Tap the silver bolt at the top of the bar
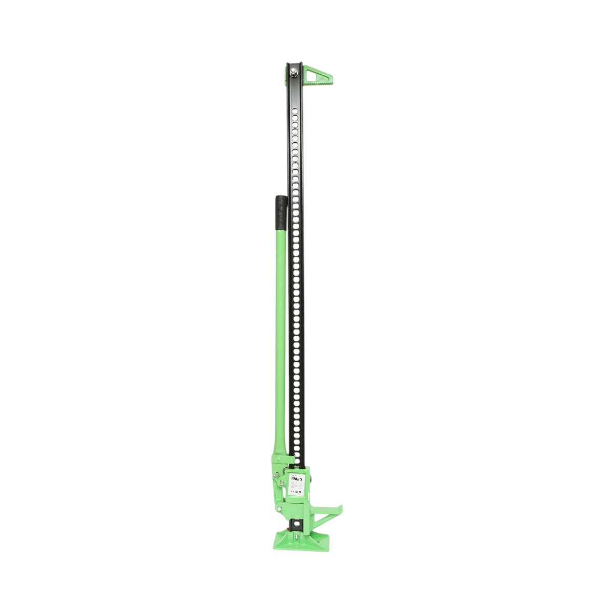click(295, 72)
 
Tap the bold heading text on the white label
click(296, 479)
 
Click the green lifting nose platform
click(327, 510)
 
